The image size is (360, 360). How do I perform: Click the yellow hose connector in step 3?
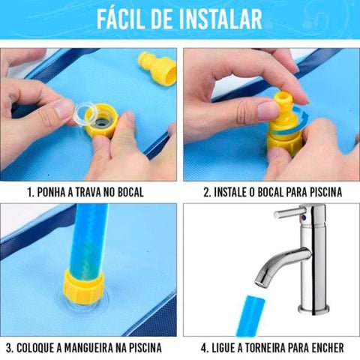pyautogui.click(x=87, y=288)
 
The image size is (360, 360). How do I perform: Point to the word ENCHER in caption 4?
pyautogui.click(x=327, y=347)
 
